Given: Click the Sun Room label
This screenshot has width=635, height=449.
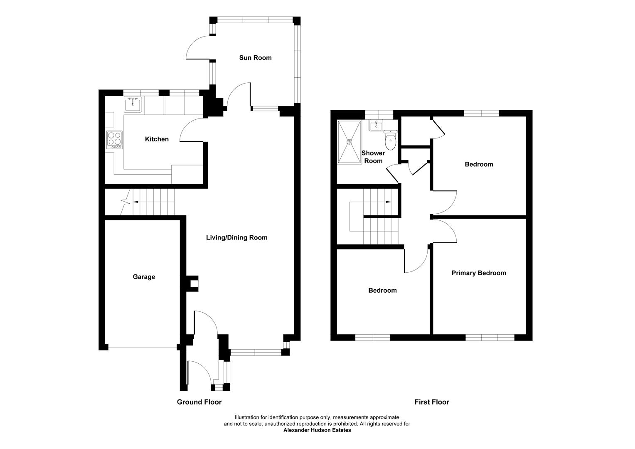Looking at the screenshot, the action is (255, 58).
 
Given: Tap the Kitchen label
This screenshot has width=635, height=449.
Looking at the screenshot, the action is (157, 139).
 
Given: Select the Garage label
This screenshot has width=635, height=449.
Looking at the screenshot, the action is (144, 277).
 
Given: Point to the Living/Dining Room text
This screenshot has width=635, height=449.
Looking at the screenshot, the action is (237, 238).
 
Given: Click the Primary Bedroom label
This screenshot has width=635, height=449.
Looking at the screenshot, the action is (479, 273).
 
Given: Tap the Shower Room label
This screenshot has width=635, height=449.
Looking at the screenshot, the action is (373, 157).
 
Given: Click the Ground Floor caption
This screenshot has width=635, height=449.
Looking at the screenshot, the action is (199, 402).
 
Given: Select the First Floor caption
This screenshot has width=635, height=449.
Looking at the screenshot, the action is (432, 402).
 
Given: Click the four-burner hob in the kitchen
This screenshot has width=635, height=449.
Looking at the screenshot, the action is (115, 140).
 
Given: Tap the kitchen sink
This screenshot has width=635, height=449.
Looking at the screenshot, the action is (133, 104).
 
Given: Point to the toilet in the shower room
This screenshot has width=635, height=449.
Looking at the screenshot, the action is (391, 140).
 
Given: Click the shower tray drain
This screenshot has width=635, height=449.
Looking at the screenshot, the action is (349, 141).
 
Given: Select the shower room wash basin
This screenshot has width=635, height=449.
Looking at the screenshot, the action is (376, 126).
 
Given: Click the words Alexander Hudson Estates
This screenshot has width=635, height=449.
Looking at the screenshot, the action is (317, 430).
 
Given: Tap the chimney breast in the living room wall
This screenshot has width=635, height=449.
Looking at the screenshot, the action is (192, 284).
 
